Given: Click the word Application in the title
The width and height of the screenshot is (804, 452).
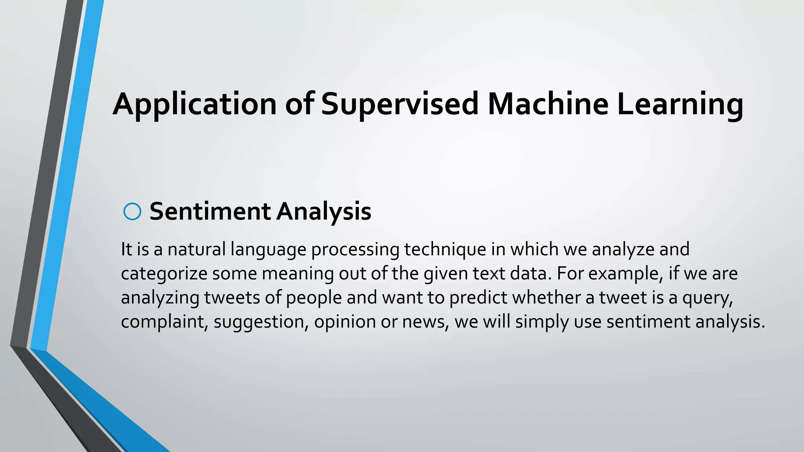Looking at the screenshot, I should pyautogui.click(x=195, y=104).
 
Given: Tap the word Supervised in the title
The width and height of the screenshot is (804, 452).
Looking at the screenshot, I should pyautogui.click(x=400, y=104).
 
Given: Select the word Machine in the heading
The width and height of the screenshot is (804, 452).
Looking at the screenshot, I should pyautogui.click(x=548, y=104).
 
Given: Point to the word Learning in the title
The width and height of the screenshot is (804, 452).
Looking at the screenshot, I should pyautogui.click(x=680, y=104).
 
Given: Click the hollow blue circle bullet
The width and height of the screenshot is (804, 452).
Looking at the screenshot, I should pyautogui.click(x=132, y=212).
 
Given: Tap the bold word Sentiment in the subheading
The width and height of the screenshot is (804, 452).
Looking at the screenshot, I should pyautogui.click(x=210, y=211).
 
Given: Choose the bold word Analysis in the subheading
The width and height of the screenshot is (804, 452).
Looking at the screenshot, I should pyautogui.click(x=324, y=211).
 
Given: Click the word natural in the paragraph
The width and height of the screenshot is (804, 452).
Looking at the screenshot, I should pyautogui.click(x=197, y=250).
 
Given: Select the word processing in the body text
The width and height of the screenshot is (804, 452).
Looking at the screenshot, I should pyautogui.click(x=355, y=250).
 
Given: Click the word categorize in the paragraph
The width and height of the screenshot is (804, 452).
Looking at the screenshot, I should pyautogui.click(x=164, y=273).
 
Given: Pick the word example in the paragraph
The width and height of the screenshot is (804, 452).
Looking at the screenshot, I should pyautogui.click(x=623, y=273).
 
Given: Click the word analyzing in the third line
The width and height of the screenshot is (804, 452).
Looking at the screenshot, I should pyautogui.click(x=160, y=297).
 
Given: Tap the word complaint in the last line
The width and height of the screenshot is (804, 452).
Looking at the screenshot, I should pyautogui.click(x=164, y=322).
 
